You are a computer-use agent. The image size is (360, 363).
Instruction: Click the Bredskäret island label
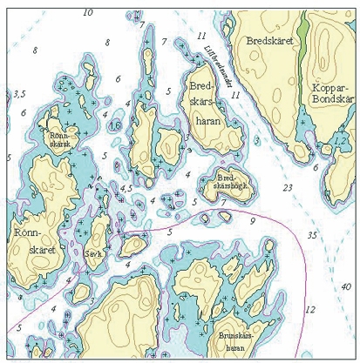click(x=272, y=41)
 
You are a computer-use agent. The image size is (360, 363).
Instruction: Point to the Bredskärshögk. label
click(x=231, y=184)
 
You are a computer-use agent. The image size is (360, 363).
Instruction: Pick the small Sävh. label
click(x=93, y=254)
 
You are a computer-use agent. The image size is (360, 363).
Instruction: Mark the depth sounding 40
click(x=346, y=286)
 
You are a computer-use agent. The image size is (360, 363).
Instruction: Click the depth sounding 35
click(x=311, y=235)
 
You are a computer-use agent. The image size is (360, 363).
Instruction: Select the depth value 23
click(x=287, y=187)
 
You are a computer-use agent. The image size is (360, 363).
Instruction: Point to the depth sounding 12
click(x=309, y=309)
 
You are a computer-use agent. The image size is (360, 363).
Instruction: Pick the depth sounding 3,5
click(x=19, y=92)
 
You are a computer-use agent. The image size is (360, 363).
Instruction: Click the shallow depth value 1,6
click(x=114, y=125)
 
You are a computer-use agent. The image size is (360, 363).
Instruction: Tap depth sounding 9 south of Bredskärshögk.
click(x=252, y=221)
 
